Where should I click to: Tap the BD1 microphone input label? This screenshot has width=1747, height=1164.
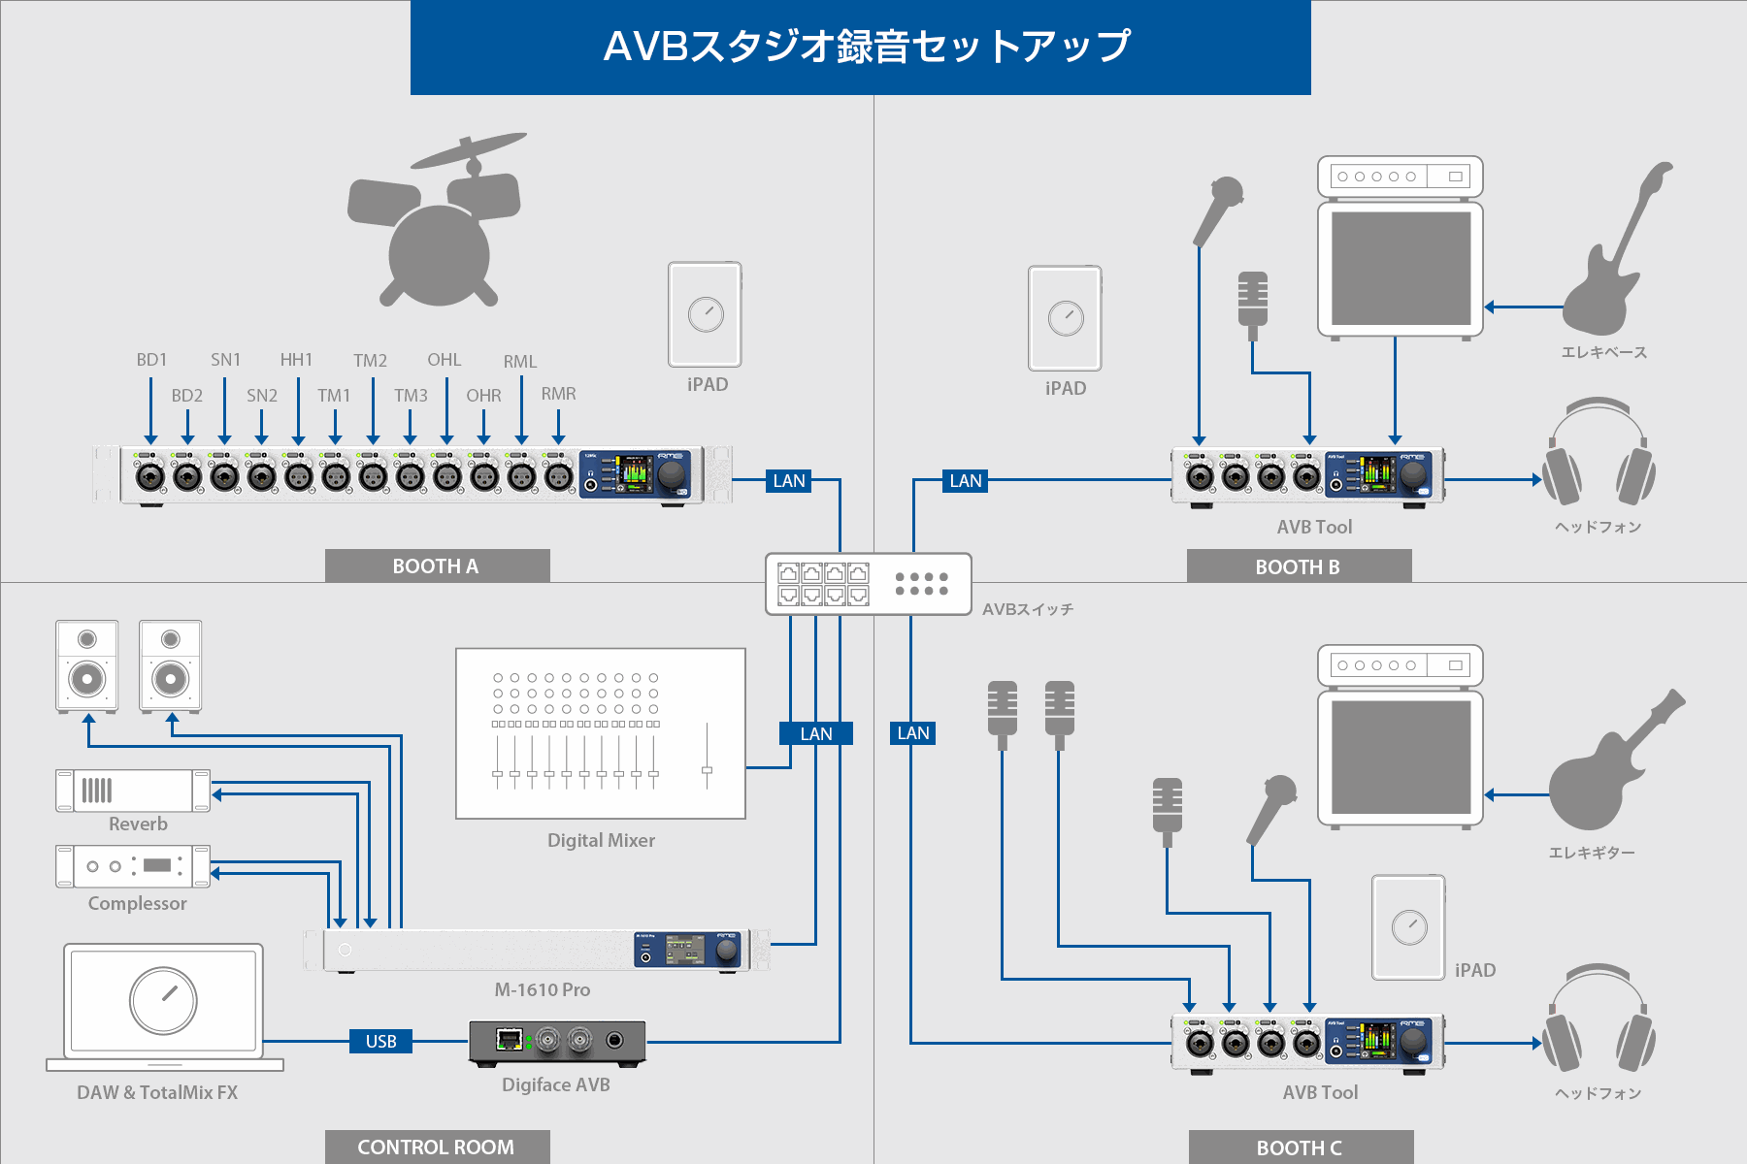(x=151, y=360)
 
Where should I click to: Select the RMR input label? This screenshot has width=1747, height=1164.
(x=558, y=394)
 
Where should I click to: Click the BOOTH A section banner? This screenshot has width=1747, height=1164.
(x=437, y=566)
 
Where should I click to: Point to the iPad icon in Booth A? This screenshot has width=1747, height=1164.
(x=705, y=314)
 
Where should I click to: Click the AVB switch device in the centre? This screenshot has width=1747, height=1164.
(x=868, y=584)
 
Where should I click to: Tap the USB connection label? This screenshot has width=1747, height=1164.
(x=380, y=1042)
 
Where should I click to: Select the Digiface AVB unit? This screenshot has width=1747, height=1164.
(x=557, y=1044)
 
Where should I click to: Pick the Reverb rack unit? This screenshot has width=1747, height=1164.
(x=133, y=791)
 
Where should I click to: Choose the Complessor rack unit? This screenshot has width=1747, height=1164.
(x=133, y=866)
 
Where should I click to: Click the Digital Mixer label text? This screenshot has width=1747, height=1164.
(x=601, y=841)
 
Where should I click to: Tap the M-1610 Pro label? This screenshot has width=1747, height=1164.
(x=542, y=990)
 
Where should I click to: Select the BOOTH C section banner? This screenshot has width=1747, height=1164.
(x=1301, y=1148)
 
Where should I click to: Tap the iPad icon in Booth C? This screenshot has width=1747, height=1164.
(x=1408, y=927)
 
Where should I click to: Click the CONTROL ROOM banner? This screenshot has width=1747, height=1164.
(x=437, y=1148)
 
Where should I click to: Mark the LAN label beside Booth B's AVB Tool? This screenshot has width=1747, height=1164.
(x=966, y=481)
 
